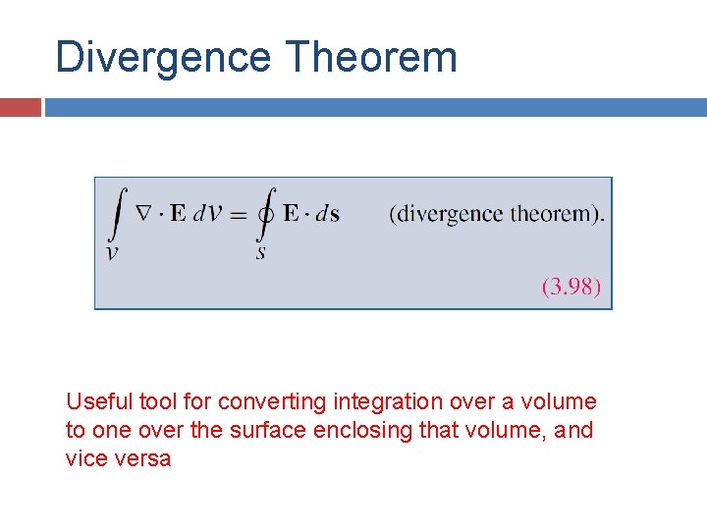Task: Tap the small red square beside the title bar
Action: [x=20, y=107]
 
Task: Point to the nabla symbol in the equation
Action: [x=142, y=213]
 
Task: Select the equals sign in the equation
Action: [x=237, y=214]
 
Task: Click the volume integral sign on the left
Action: [x=118, y=214]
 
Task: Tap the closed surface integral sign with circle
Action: [x=264, y=214]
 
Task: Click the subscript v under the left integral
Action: [x=114, y=252]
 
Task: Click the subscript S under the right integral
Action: [x=261, y=252]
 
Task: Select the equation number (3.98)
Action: [x=571, y=288]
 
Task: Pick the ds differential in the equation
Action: [x=327, y=214]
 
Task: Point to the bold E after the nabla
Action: [x=178, y=213]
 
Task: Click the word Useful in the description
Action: [x=93, y=401]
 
